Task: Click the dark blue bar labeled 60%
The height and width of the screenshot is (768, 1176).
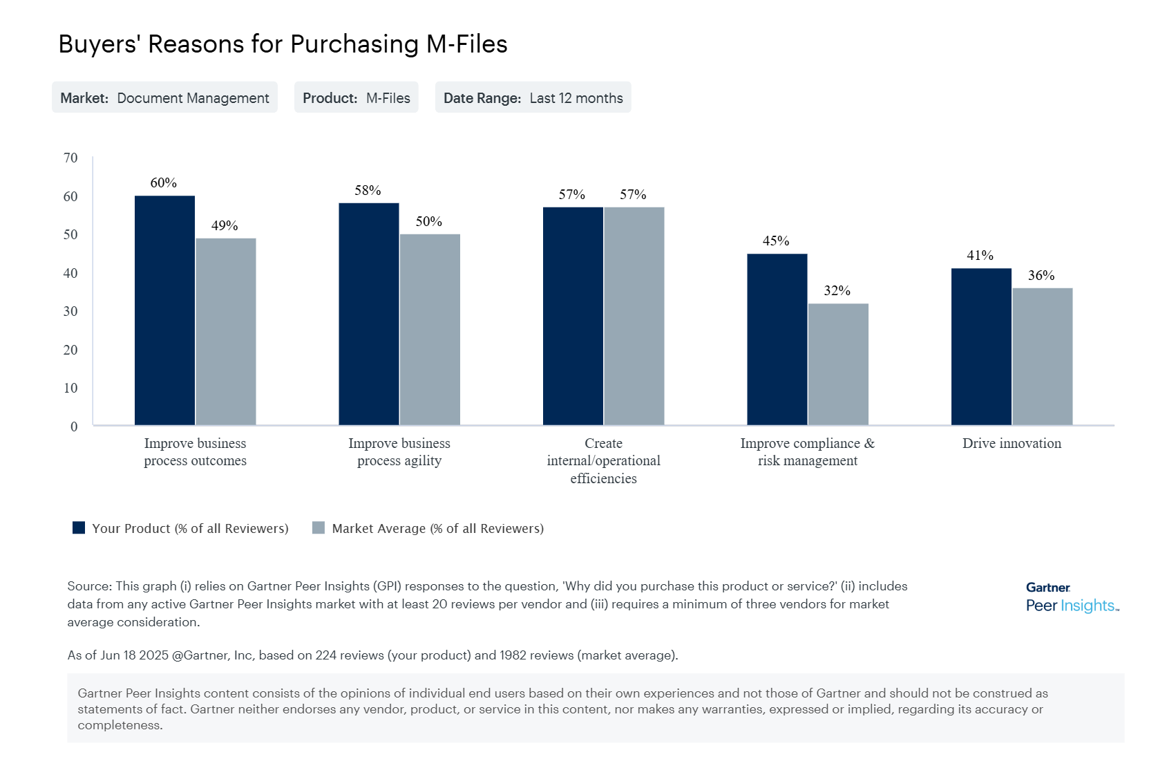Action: pos(164,310)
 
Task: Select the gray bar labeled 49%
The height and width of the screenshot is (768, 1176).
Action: pos(226,332)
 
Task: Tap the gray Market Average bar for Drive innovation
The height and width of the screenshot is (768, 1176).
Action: pos(1042,357)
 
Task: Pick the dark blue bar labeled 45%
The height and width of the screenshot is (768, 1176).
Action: pos(777,339)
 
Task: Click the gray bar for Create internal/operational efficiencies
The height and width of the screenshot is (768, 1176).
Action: pos(634,316)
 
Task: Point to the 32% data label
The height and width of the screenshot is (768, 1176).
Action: pos(837,291)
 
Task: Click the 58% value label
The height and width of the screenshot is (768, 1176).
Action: pos(368,190)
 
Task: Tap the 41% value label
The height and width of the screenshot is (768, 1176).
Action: pos(980,256)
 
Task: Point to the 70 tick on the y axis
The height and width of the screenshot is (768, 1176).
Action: pos(70,158)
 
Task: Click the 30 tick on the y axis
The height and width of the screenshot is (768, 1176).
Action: pos(70,312)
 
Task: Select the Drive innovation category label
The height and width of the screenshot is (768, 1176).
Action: pos(1012,444)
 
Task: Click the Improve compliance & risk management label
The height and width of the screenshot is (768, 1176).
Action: pos(807,452)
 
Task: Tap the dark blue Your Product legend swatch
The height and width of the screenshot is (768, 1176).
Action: pos(79,528)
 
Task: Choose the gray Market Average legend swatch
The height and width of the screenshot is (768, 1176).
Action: pos(319,528)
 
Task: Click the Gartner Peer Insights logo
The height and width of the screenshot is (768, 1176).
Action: pos(1071,597)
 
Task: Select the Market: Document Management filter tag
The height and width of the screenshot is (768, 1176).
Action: pos(164,98)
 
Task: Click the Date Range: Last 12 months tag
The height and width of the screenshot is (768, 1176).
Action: pos(533,98)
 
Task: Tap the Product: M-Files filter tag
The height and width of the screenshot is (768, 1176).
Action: pos(356,98)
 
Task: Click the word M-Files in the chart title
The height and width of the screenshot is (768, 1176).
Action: pos(466,44)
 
